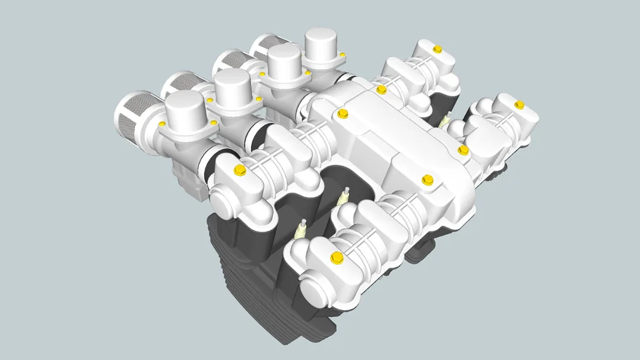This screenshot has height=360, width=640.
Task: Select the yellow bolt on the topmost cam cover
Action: [437, 49]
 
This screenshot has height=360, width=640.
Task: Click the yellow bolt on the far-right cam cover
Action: [519, 105]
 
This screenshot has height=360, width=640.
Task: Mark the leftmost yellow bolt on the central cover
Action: [343, 113]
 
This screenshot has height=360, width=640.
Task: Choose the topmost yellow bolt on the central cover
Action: [381, 89]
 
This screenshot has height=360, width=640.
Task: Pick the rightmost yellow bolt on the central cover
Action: [463, 150]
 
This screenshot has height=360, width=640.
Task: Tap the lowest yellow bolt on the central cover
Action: [426, 181]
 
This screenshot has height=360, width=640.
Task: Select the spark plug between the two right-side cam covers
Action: [444, 120]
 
